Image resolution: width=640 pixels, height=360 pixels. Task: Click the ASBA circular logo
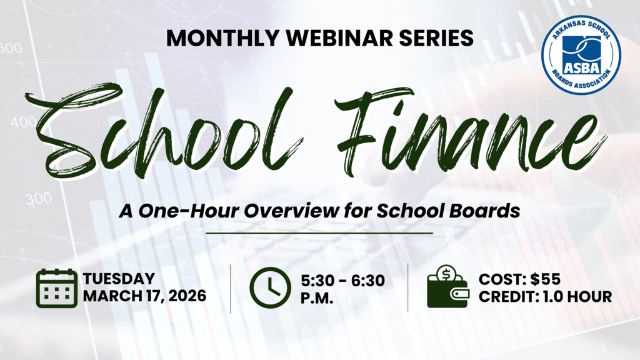(x=581, y=56)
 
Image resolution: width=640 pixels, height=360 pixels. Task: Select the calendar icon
(x=56, y=287)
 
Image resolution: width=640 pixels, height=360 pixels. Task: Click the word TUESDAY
(x=119, y=279)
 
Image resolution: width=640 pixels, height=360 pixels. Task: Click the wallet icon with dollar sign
(x=446, y=287)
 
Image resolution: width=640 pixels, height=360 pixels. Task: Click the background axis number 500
(x=11, y=48)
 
